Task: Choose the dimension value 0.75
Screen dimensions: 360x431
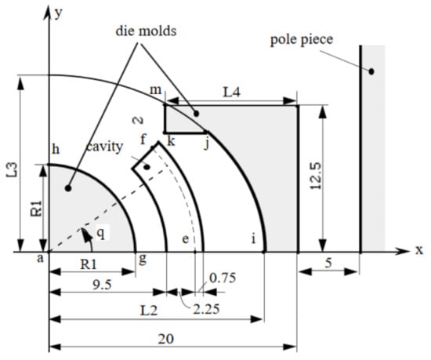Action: [x=221, y=277]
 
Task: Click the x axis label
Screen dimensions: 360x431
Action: [x=418, y=253]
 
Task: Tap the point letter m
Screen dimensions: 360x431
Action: [x=156, y=91]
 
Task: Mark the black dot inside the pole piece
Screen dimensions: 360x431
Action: [x=372, y=71]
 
